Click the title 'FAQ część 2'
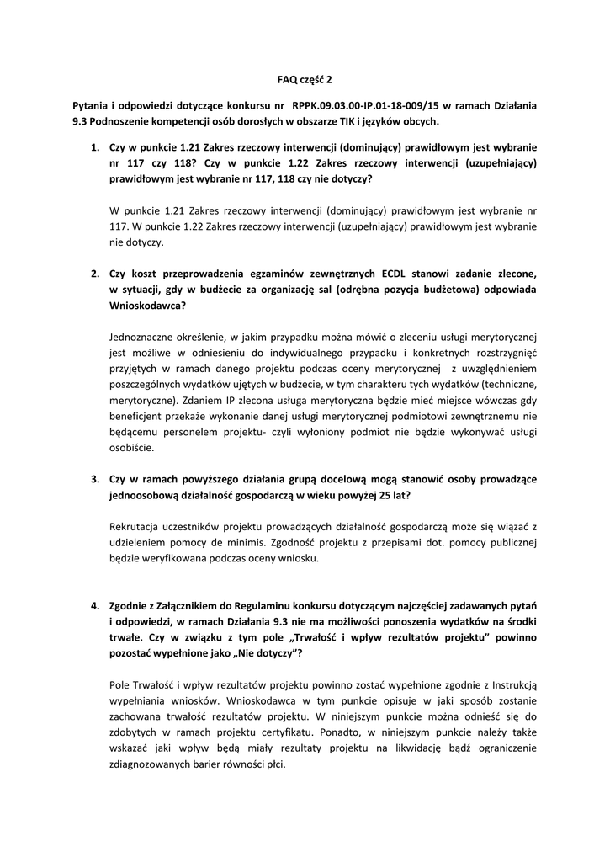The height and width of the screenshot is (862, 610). pyautogui.click(x=305, y=81)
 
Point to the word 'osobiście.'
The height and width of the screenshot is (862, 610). pyautogui.click(x=132, y=448)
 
